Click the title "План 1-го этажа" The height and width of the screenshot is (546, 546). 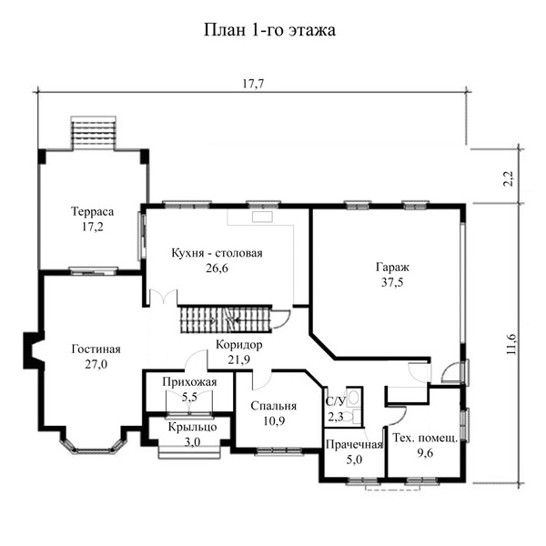pyautogui.click(x=269, y=30)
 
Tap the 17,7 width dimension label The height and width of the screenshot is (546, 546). pyautogui.click(x=253, y=84)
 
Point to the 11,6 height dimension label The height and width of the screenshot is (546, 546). pyautogui.click(x=511, y=344)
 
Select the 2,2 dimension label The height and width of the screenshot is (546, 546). pyautogui.click(x=509, y=178)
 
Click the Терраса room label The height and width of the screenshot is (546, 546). pyautogui.click(x=92, y=211)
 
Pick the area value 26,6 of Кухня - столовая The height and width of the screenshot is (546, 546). pyautogui.click(x=217, y=268)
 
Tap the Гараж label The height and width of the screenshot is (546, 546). pyautogui.click(x=392, y=267)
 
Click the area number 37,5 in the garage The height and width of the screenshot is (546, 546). pyautogui.click(x=392, y=282)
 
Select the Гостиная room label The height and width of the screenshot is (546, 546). pyautogui.click(x=96, y=349)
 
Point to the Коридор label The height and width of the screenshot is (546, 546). pyautogui.click(x=238, y=345)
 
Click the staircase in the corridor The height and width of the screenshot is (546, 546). pyautogui.click(x=225, y=319)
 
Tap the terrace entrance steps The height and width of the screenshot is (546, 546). pyautogui.click(x=94, y=133)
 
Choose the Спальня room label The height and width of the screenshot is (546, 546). pyautogui.click(x=273, y=406)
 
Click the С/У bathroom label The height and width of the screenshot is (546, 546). pyautogui.click(x=335, y=401)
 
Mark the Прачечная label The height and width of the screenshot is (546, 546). pyautogui.click(x=354, y=445)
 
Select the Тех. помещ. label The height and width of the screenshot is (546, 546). pyautogui.click(x=425, y=438)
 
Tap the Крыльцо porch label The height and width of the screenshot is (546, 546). pyautogui.click(x=192, y=427)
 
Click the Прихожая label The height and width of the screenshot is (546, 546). pyautogui.click(x=189, y=382)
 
